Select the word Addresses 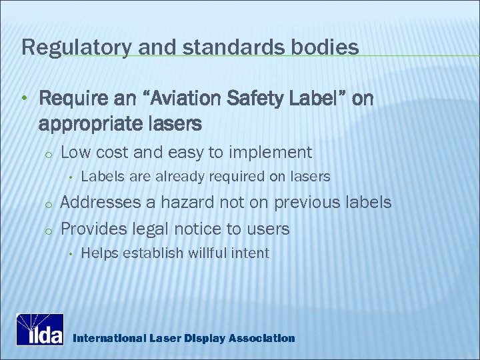[100, 202]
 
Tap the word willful [203, 253]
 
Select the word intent [249, 253]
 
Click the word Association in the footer [261, 338]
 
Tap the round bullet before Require [24, 100]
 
